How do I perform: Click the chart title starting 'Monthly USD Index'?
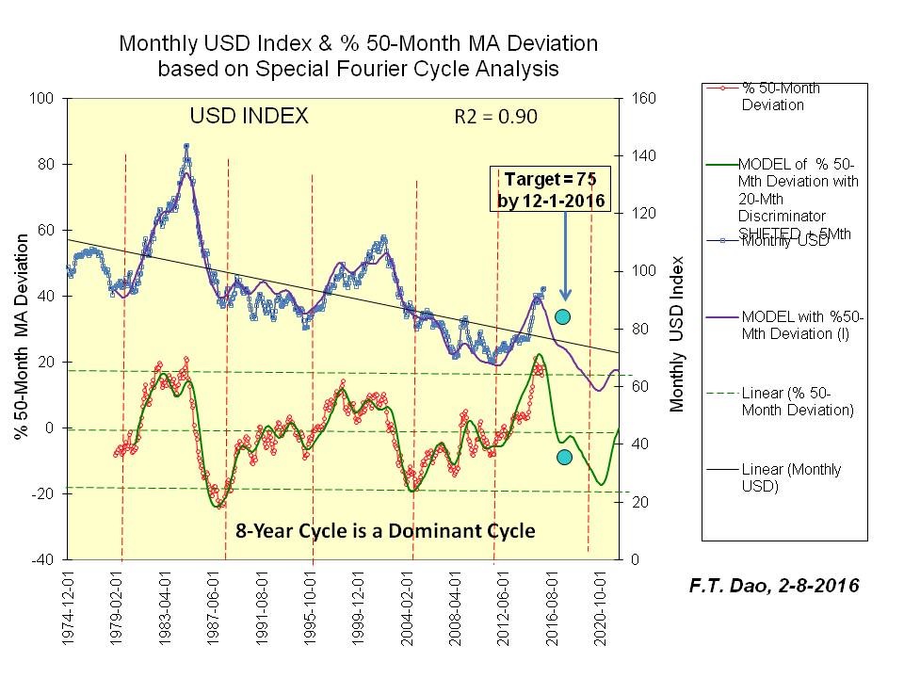click(358, 56)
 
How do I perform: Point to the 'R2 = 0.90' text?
click(492, 118)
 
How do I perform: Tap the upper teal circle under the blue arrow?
click(562, 316)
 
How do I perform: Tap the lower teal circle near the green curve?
click(565, 457)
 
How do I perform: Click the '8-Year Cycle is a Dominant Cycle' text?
click(379, 531)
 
